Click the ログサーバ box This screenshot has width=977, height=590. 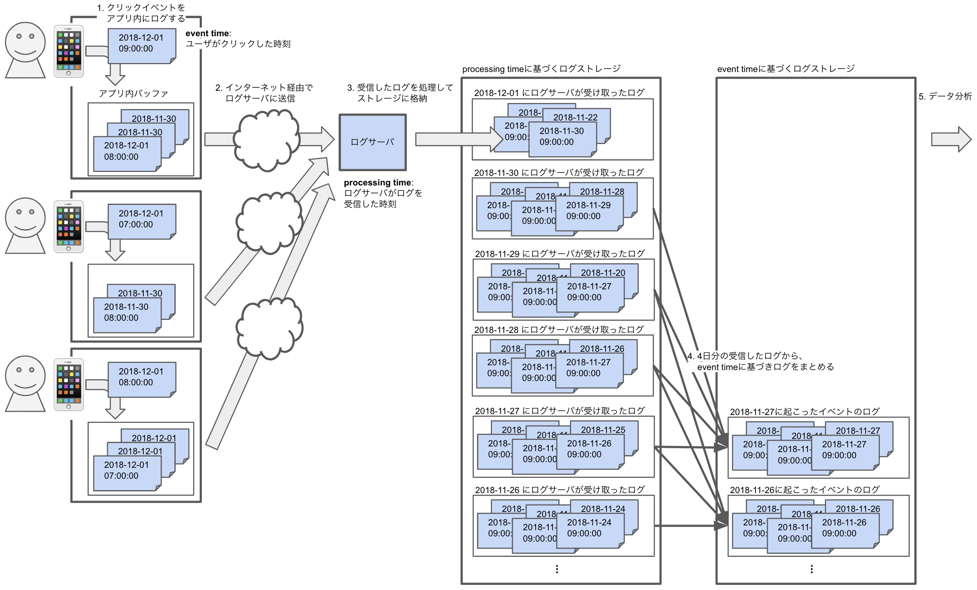click(x=372, y=142)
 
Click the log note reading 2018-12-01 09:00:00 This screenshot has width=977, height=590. click(x=141, y=45)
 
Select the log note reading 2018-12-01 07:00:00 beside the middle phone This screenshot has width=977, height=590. click(x=141, y=220)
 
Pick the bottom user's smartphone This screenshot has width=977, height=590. click(x=69, y=384)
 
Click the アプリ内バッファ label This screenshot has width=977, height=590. click(x=133, y=93)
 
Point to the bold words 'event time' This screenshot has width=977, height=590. click(x=207, y=34)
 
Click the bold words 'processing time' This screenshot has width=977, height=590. click(x=378, y=182)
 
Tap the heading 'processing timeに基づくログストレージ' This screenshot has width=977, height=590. click(x=541, y=69)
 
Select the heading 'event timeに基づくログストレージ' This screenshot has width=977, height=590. click(x=785, y=69)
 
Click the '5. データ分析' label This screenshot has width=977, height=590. click(x=945, y=96)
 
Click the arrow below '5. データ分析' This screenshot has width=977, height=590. click(x=951, y=140)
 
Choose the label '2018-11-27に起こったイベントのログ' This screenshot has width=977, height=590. click(x=804, y=412)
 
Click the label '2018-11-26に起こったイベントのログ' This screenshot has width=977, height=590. click(x=804, y=490)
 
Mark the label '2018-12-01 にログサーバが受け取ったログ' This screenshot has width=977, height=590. click(x=559, y=93)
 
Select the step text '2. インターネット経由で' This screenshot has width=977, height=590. click(x=264, y=88)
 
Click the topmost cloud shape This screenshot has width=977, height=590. click(x=267, y=140)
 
